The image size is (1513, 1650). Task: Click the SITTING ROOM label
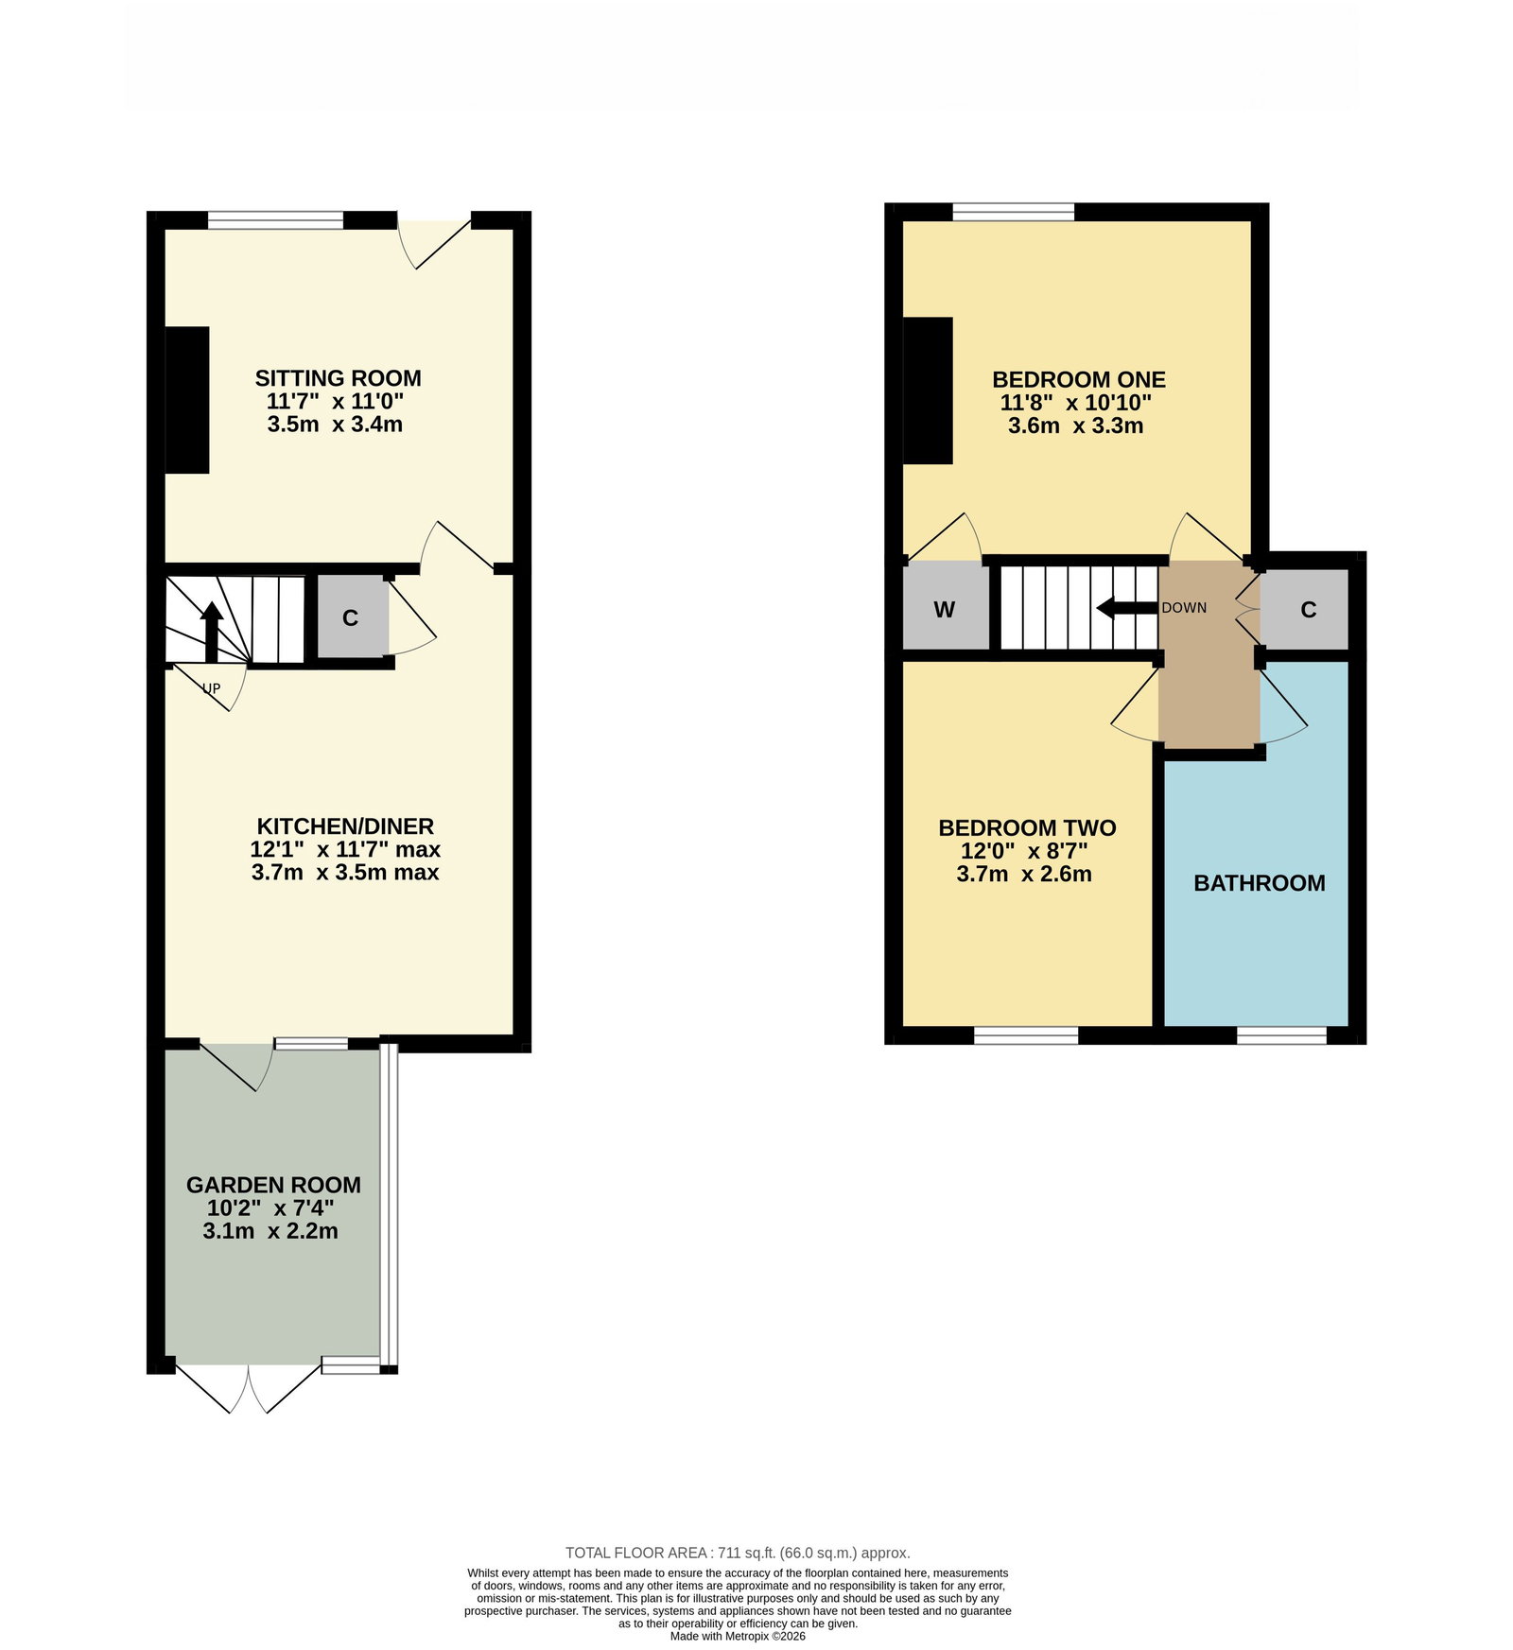338,378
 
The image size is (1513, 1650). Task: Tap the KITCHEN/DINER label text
345,826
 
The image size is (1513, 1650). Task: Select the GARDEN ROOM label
273,1185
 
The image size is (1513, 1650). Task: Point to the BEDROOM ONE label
1078,379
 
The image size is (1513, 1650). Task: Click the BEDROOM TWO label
1027,827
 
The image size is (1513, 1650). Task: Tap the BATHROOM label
1259,883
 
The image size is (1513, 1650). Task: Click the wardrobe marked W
946,607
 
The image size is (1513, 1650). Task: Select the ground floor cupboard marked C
352,617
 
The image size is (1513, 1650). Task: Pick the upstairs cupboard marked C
1306,609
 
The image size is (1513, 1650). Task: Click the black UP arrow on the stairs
211,632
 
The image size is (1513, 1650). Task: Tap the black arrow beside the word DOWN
1127,607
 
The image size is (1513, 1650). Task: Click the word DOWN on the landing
1184,607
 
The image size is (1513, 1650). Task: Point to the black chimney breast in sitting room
187,400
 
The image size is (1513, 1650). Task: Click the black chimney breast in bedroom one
928,391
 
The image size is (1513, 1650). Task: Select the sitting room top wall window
275,220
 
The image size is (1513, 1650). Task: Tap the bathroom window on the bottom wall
1281,1035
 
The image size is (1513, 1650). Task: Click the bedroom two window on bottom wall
1026,1035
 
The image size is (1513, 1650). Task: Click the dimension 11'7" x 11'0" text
336,401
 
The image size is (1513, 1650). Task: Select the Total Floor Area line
738,1553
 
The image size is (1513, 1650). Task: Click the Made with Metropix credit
738,1636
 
